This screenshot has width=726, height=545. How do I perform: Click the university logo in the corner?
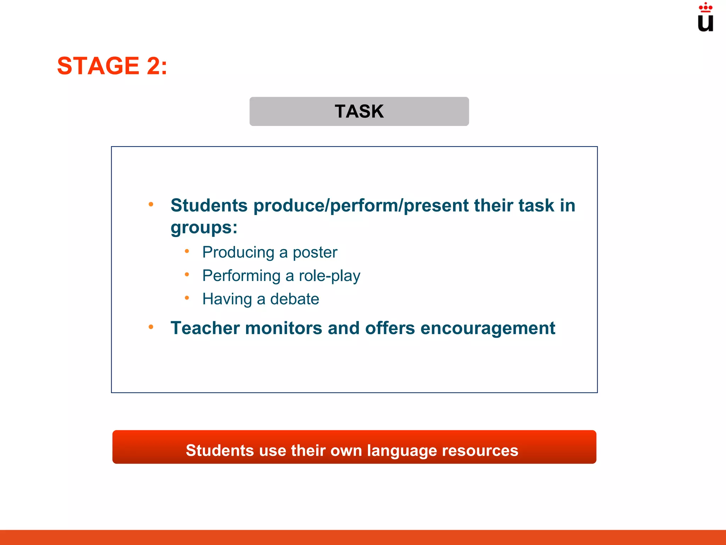coord(705,18)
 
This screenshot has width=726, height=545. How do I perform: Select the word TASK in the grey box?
coord(359,111)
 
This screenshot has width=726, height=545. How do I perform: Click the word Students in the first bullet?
coord(209,205)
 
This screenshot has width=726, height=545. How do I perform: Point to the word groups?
coord(204,228)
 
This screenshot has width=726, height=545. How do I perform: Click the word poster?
coord(315,253)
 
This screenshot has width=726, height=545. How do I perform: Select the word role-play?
coord(329,276)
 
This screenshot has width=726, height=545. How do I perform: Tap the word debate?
coord(295,299)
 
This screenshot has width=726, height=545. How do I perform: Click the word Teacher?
coord(205,328)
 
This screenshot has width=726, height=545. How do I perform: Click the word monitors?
coord(283,328)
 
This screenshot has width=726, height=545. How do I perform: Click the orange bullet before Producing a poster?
coord(187,251)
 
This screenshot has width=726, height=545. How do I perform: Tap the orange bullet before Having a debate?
coord(187,298)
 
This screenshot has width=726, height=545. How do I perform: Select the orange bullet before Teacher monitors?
coord(151,327)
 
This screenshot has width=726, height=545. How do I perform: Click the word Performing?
coord(241,276)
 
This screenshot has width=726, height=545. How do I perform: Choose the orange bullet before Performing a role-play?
coord(187,274)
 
